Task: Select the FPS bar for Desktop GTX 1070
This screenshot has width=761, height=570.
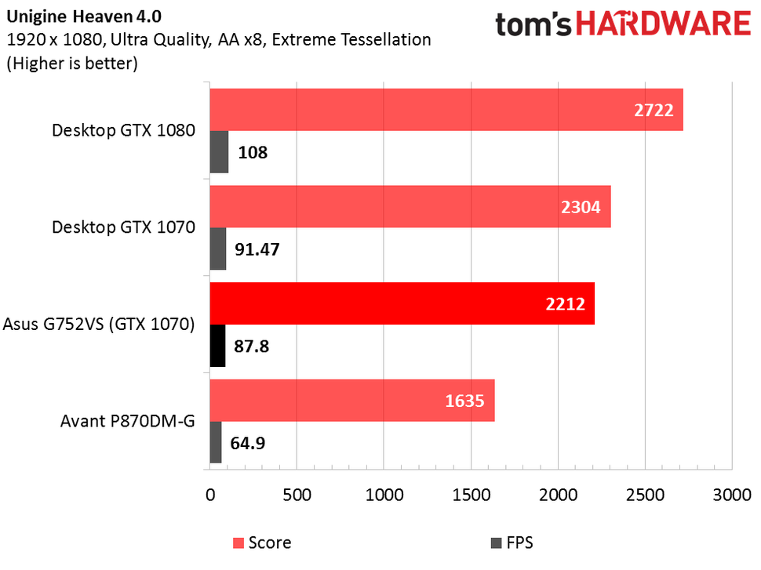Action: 218,249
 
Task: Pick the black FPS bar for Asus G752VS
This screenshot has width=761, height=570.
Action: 217,346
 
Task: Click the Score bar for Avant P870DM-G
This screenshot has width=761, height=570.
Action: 352,401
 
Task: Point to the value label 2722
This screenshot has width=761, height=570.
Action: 654,111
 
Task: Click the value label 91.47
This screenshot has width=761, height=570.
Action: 257,249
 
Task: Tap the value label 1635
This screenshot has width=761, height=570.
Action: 466,401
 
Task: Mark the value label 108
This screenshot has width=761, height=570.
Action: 253,152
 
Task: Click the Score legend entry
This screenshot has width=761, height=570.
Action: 263,542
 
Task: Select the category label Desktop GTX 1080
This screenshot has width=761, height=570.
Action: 123,131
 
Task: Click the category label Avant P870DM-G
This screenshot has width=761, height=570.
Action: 128,421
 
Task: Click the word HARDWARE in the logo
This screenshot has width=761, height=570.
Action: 666,24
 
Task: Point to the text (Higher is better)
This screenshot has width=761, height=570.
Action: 72,64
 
